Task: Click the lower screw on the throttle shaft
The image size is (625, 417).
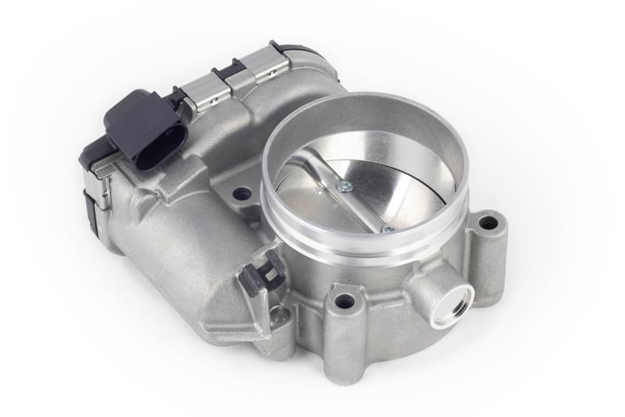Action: click(x=385, y=228)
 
